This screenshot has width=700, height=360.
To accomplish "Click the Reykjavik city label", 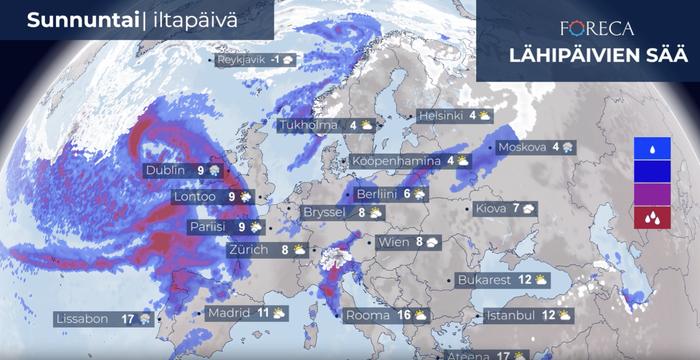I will coord(242,60).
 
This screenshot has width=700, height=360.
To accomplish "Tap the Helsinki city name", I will coord(441,116).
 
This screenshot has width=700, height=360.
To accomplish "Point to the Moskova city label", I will coord(521,148).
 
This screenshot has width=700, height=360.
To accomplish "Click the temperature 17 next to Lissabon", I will coord(127,319).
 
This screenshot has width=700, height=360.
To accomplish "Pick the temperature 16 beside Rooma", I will coord(404,315).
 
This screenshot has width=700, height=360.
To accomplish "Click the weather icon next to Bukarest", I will coord(541,280).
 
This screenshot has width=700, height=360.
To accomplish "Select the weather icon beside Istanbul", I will coord(564,315).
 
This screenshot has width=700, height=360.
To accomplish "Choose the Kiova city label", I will coord(491,209).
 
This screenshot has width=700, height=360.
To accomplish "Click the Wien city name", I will coord(393,242).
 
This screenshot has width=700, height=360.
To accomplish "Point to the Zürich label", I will coord(248,250).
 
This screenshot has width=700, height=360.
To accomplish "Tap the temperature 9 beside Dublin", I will coord(201,171).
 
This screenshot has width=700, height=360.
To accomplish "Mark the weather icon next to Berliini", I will coord(420,194).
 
